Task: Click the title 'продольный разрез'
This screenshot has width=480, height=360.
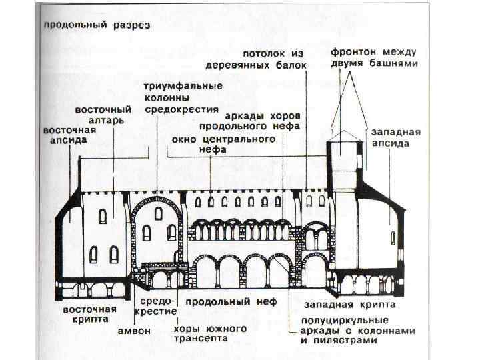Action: pyautogui.click(x=97, y=25)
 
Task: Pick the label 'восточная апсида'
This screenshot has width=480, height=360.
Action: pyautogui.click(x=69, y=135)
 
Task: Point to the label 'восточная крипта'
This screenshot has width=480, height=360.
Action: pyautogui.click(x=89, y=314)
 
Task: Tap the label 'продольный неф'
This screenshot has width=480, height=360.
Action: pyautogui.click(x=222, y=302)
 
